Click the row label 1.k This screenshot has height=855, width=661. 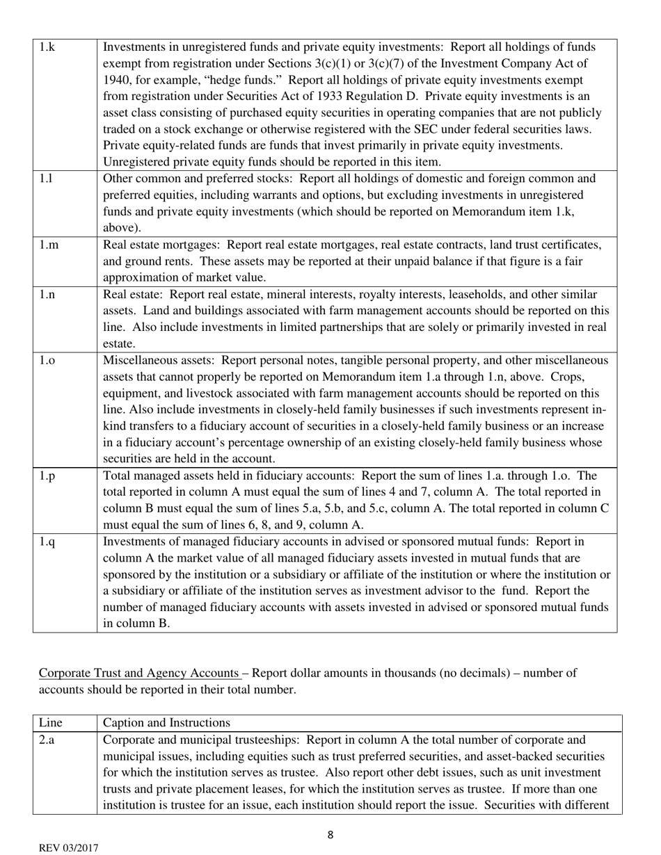pyautogui.click(x=47, y=47)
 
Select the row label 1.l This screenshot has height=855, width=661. pyautogui.click(x=45, y=179)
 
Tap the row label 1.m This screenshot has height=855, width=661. pyautogui.click(x=47, y=245)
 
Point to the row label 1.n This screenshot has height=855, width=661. pyautogui.click(x=47, y=294)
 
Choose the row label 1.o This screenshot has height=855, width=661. pyautogui.click(x=47, y=360)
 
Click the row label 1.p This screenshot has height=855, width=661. pyautogui.click(x=47, y=475)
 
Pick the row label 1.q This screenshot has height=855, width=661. pyautogui.click(x=47, y=541)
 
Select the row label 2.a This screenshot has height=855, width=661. pyautogui.click(x=47, y=740)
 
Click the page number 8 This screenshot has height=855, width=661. pyautogui.click(x=330, y=836)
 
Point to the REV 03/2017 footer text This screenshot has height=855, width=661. pyautogui.click(x=68, y=848)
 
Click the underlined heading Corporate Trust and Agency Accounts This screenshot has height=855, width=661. pyautogui.click(x=139, y=673)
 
